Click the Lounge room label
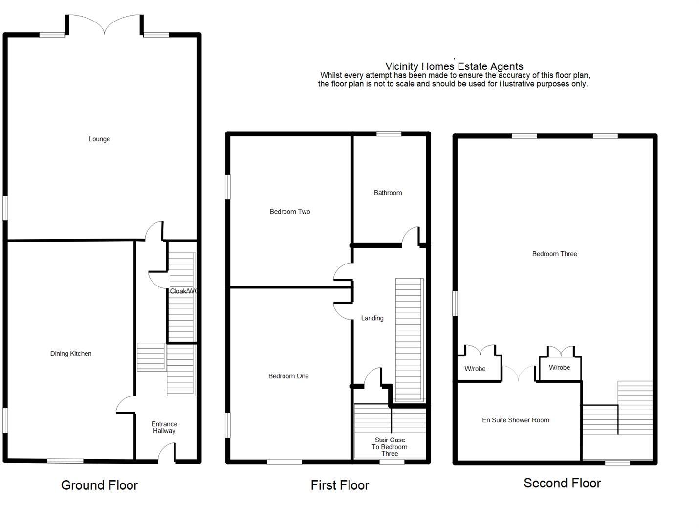99,139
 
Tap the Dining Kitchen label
71,354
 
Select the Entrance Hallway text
164,428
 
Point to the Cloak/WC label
184,291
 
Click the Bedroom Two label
290,212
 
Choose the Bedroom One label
288,376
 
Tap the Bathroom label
388,193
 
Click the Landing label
372,318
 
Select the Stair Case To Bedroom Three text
390,447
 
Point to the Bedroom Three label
554,254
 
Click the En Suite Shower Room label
516,420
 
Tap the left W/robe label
475,369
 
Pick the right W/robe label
559,368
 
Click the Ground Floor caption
99,485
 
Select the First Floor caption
340,485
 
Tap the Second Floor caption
562,484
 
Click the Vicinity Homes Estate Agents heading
454,66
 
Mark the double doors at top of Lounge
105,24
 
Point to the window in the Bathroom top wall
389,134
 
